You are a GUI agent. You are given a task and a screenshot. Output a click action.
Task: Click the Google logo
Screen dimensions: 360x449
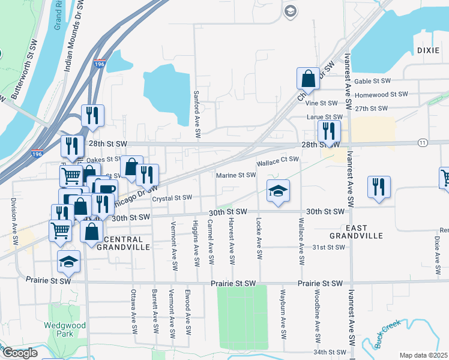[19, 353]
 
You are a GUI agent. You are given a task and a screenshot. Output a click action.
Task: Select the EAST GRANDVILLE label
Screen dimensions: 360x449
[357, 231]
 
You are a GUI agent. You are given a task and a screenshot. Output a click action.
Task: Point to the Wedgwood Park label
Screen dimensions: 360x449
[58, 330]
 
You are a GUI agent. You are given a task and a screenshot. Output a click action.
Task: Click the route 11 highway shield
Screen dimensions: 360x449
[423, 142]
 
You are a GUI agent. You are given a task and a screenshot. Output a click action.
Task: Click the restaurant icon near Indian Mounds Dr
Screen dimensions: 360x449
[92, 115]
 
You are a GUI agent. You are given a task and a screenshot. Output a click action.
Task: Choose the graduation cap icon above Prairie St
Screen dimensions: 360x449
[68, 262]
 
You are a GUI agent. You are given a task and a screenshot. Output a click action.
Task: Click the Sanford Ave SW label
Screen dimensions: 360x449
[196, 109]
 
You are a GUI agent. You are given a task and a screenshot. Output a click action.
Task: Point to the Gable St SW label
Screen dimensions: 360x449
[372, 81]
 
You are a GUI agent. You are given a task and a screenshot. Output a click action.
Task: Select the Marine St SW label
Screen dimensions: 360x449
[237, 175]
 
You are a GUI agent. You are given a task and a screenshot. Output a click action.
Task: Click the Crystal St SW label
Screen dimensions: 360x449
[172, 197]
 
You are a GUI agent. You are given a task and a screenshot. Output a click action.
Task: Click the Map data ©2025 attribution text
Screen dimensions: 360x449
[423, 355]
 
